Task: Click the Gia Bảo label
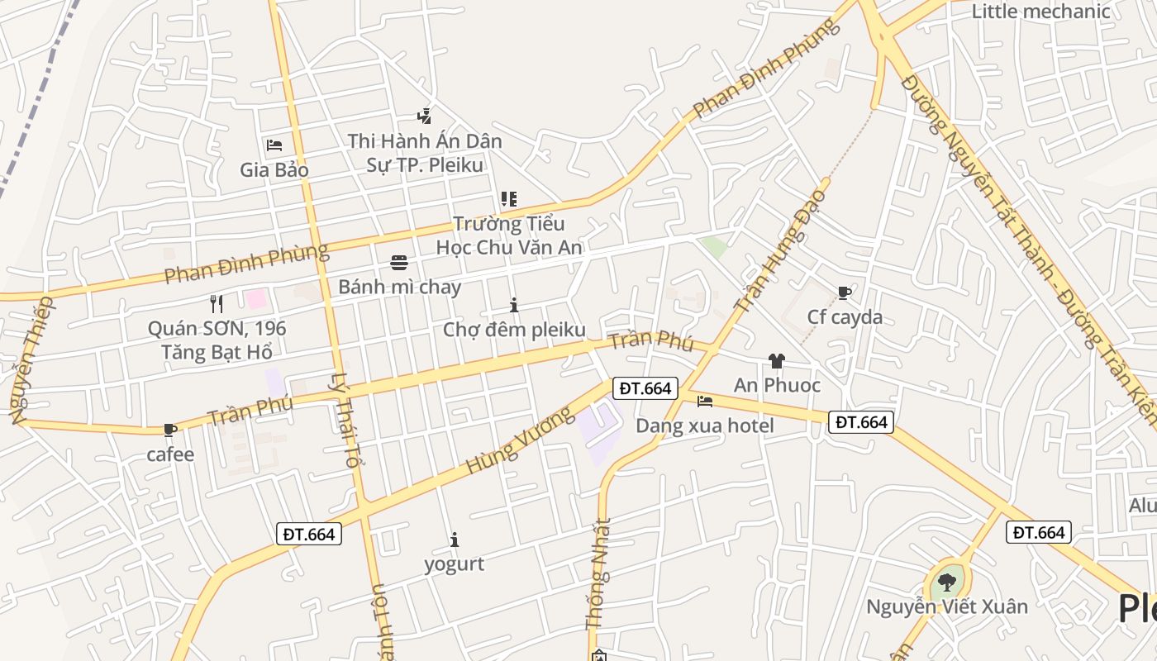click(274, 170)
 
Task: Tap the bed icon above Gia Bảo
click(274, 145)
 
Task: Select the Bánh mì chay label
click(399, 288)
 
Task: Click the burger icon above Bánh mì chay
click(399, 263)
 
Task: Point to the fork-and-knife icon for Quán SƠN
click(217, 303)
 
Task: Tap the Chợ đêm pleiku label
click(514, 330)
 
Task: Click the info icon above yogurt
click(454, 540)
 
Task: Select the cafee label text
click(170, 454)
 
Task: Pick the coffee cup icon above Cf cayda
click(844, 292)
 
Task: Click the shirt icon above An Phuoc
click(776, 360)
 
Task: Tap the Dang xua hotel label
click(704, 426)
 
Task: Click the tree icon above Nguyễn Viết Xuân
click(946, 583)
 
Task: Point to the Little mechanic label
click(1040, 12)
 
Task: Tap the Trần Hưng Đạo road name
click(780, 250)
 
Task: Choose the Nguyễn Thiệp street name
click(31, 360)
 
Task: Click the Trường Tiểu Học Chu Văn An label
click(509, 235)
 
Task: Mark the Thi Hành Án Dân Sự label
click(425, 153)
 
